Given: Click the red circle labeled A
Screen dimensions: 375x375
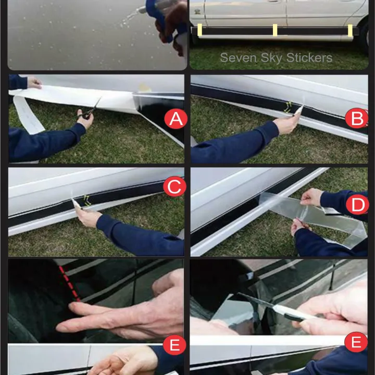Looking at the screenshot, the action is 176,119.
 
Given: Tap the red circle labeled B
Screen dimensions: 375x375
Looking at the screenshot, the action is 357,118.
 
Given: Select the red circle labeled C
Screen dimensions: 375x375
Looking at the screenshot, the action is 174,186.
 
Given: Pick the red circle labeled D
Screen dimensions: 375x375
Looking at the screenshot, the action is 357,205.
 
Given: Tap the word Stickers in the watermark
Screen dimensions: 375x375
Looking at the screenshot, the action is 309,58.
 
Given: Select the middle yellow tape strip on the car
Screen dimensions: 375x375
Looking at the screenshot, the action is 275,30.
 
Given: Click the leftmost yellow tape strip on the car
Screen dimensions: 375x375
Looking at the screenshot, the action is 199,30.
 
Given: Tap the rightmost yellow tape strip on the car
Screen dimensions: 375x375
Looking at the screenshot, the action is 350,30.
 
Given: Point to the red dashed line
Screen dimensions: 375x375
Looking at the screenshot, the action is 69,283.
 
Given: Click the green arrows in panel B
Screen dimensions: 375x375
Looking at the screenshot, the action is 289,107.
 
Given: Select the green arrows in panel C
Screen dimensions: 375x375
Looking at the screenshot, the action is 87,201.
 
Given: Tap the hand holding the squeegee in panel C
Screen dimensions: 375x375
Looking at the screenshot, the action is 88,218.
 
